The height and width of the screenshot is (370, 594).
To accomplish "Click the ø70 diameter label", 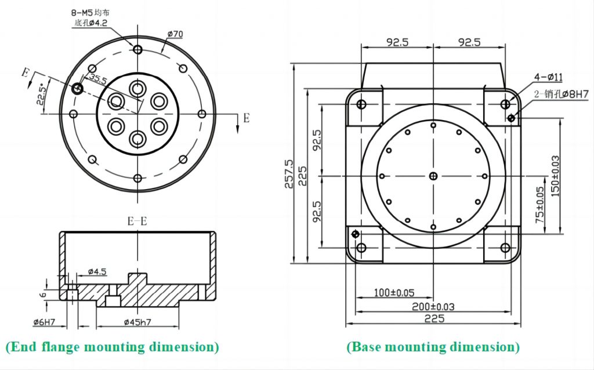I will tap(175, 34).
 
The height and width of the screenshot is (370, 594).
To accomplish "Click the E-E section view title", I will tap(137, 220).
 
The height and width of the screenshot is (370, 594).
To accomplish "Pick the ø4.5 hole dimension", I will tap(97, 271).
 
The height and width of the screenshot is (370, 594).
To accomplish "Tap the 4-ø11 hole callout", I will tap(548, 77).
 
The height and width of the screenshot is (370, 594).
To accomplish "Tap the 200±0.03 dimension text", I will tap(430, 306).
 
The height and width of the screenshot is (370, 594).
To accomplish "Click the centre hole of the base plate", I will tap(433, 176).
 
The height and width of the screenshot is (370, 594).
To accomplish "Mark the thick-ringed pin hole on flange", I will tap(77, 88).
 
